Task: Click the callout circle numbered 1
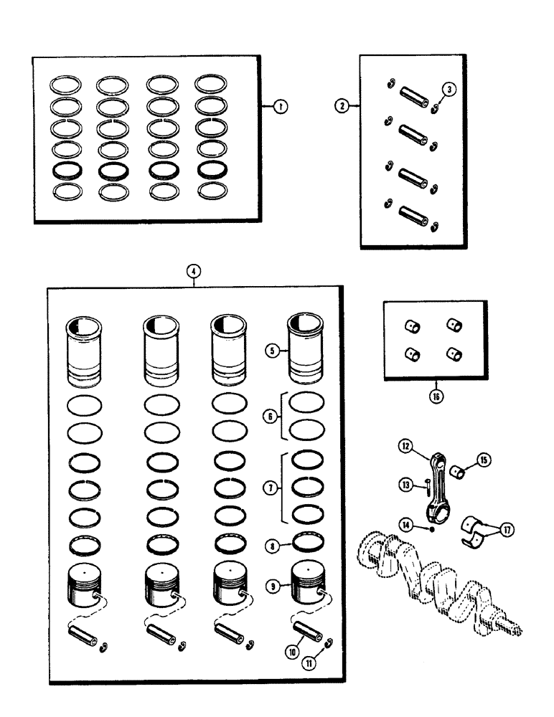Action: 281,106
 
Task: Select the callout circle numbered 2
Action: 342,105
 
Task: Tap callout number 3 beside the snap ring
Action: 449,90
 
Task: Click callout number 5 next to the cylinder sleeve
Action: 272,351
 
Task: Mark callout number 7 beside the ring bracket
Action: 271,488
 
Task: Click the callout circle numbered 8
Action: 271,545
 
